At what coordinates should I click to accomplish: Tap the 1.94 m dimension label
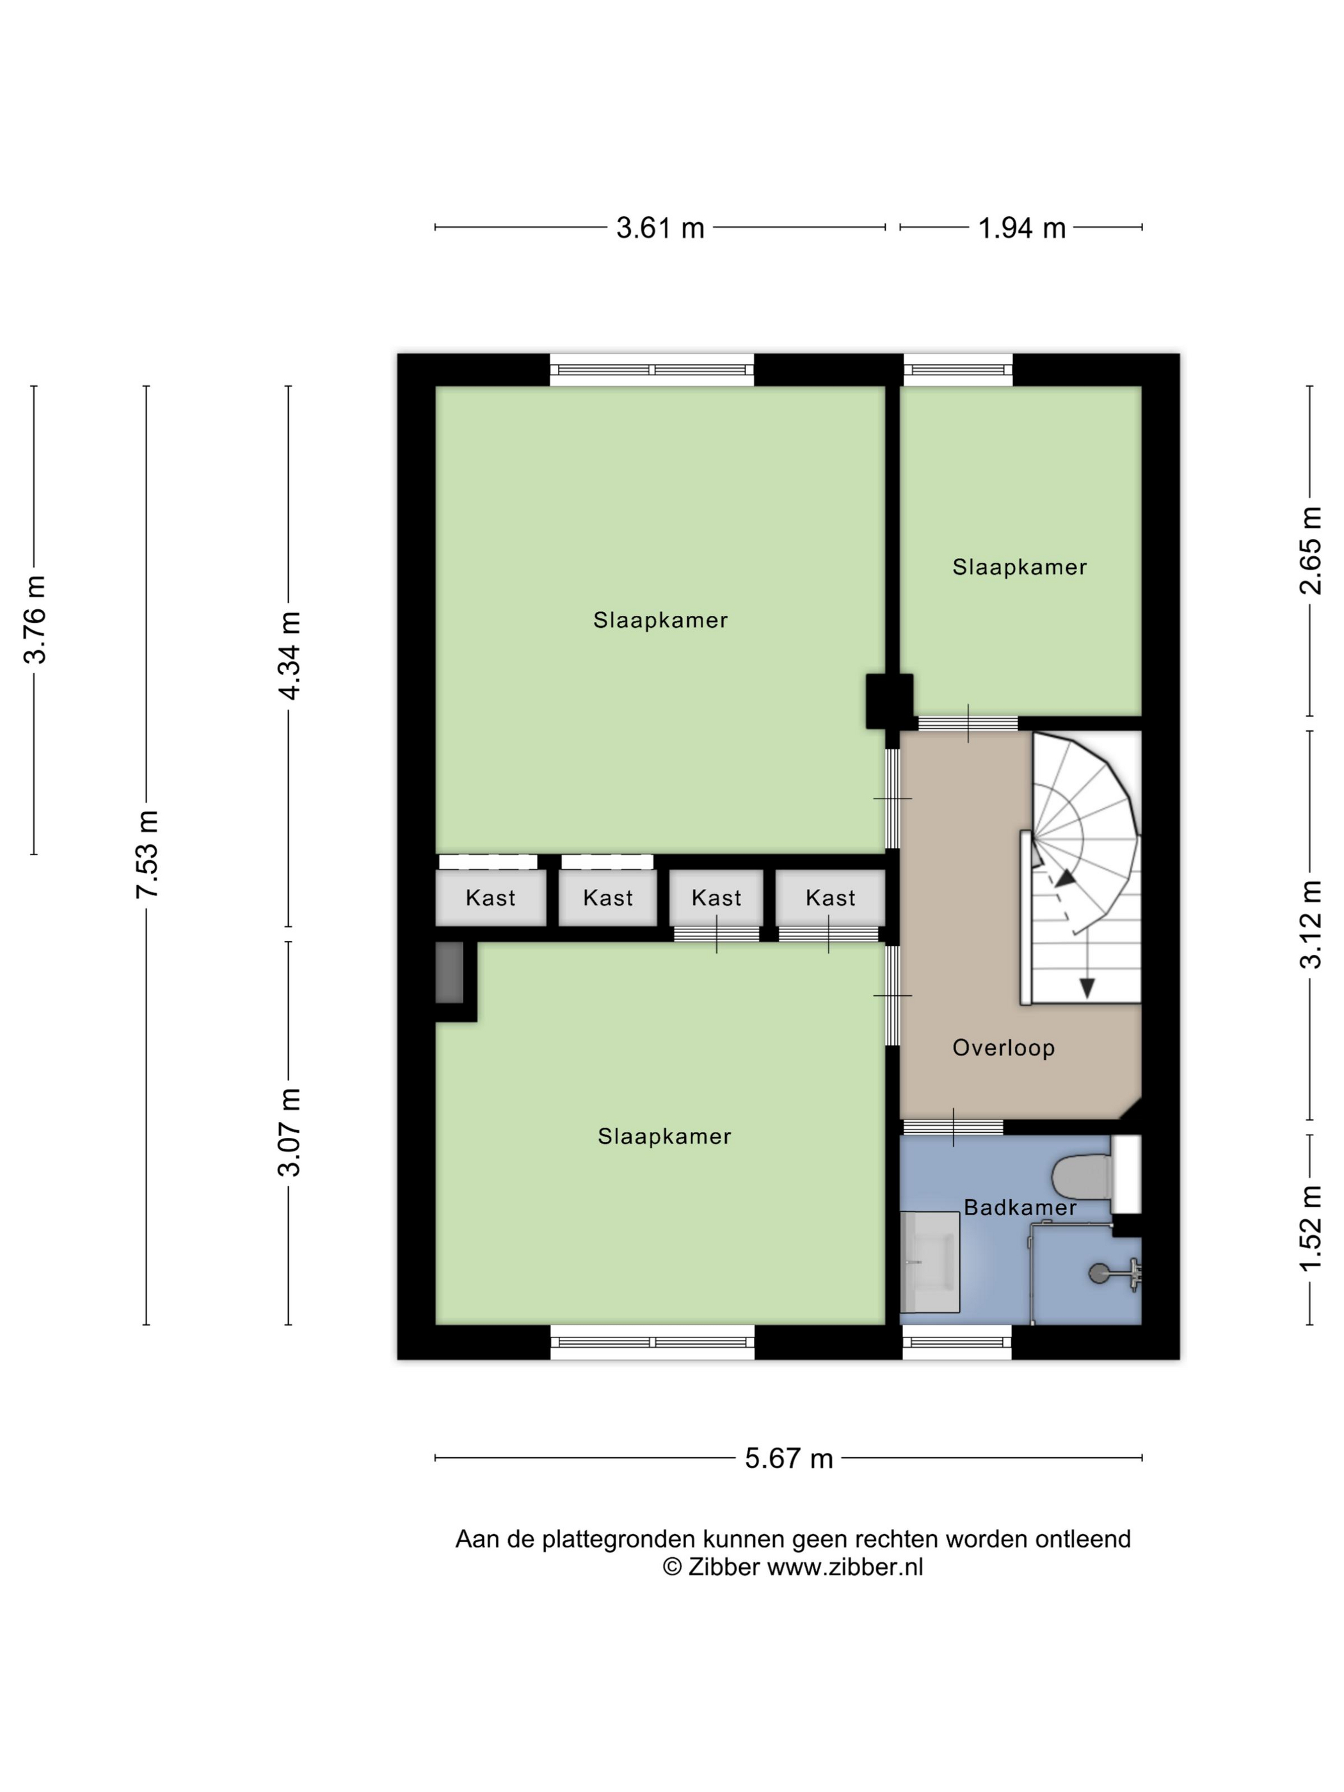(1021, 228)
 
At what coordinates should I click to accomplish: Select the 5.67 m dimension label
(788, 1458)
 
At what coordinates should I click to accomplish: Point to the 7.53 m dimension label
(147, 854)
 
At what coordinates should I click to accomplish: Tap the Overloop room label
(1003, 1048)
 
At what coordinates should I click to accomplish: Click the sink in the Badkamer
(930, 1261)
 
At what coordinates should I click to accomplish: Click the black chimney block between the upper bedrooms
(889, 701)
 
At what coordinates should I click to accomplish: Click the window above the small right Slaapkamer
(958, 370)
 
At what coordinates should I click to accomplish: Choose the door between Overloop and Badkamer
(954, 1127)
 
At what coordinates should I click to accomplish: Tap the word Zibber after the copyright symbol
(723, 1567)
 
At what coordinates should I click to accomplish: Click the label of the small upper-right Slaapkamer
(1019, 567)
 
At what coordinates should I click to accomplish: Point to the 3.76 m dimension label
(35, 620)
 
